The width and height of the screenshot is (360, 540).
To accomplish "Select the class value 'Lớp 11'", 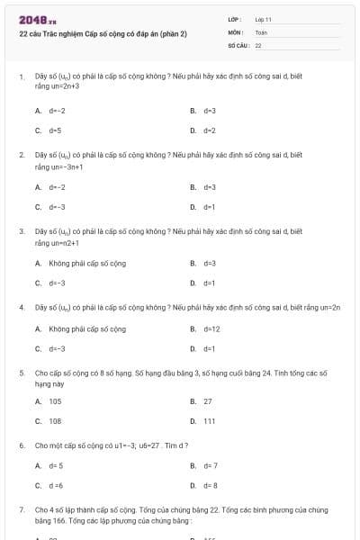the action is [x=264, y=19].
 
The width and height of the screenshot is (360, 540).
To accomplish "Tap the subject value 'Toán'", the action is [x=261, y=31].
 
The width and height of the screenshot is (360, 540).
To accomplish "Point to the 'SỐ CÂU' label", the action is [x=238, y=44].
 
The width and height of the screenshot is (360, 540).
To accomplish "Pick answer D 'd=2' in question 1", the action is [x=210, y=130].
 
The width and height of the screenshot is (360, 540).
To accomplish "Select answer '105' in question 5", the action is [x=55, y=401].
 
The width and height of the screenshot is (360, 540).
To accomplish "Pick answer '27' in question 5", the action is [x=208, y=401].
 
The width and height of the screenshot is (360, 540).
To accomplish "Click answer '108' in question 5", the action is [x=55, y=420].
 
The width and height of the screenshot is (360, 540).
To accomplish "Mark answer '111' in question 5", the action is [x=209, y=420].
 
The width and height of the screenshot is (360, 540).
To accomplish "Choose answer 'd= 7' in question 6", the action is [x=211, y=465].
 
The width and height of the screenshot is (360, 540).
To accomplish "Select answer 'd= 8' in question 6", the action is [x=211, y=485].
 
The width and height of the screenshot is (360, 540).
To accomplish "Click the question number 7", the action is [x=21, y=509].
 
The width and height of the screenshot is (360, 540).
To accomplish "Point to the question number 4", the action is [x=21, y=307].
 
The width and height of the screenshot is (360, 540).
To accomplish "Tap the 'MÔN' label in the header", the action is [x=235, y=31].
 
